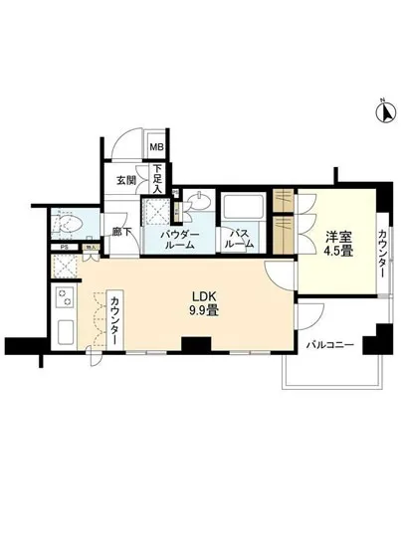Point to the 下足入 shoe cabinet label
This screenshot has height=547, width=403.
point(157,179)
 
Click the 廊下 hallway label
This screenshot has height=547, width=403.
point(121,231)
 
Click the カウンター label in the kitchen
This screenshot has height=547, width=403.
point(117,321)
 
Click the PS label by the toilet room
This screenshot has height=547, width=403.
point(64,249)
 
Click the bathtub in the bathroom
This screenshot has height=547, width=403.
point(239,210)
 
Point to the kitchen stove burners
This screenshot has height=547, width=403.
point(66,295)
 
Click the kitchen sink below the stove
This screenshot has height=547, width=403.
point(66,331)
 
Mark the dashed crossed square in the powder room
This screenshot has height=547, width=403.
point(155,212)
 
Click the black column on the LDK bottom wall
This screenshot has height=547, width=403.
point(193,346)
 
